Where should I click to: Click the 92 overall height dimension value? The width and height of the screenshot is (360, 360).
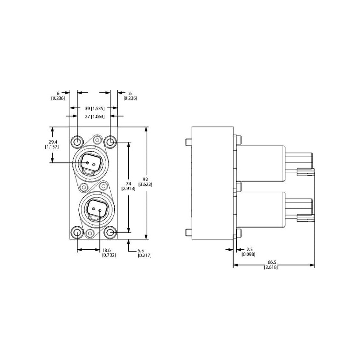coord(145,179)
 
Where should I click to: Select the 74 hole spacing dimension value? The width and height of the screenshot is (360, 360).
coord(128,184)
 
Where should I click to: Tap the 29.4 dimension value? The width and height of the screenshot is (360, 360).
coord(53,142)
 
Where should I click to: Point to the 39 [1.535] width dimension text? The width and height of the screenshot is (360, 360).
coord(94,108)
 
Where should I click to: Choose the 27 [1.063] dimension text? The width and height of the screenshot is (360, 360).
coord(94,117)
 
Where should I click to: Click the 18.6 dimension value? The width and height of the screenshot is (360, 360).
coord(107,250)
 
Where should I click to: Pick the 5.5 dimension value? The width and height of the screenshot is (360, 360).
coord(141,251)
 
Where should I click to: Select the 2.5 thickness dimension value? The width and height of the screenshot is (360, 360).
coord(250,249)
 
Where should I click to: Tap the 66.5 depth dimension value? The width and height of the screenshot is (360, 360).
coord(272,262)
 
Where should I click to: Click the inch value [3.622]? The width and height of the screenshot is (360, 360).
coord(145,184)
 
